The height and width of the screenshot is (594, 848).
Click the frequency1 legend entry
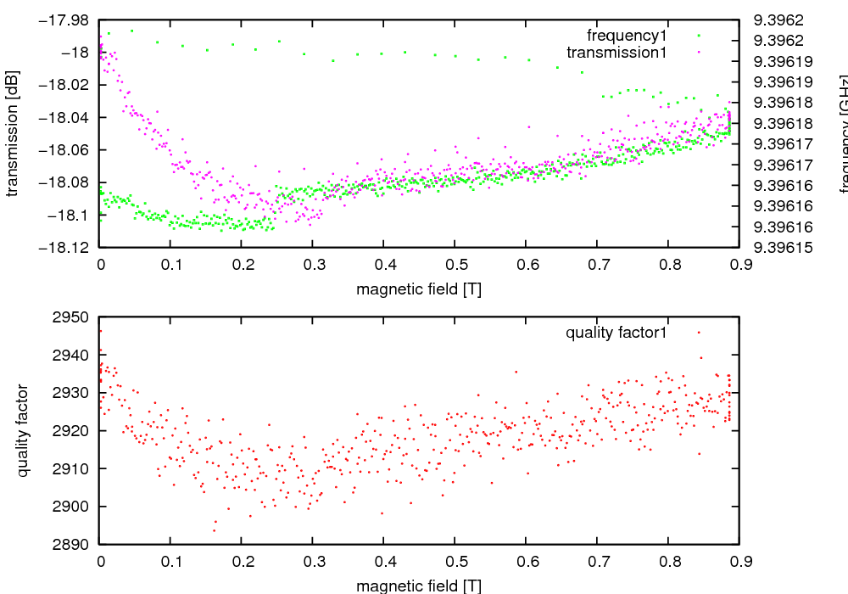click(x=627, y=36)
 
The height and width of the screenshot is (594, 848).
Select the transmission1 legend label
click(x=616, y=53)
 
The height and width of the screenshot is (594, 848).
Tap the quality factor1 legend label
click(x=616, y=333)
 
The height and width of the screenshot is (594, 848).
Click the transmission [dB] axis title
click(x=12, y=132)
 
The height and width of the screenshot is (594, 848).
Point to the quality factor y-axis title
click(x=23, y=430)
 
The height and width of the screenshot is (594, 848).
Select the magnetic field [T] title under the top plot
click(x=419, y=289)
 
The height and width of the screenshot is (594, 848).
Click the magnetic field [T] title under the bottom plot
click(x=419, y=586)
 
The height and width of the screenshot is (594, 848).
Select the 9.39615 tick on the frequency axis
click(x=784, y=248)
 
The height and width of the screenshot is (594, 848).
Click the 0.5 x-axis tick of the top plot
click(x=455, y=266)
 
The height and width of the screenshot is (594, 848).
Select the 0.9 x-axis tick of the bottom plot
click(x=739, y=562)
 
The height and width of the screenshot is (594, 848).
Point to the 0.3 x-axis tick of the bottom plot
click(x=313, y=562)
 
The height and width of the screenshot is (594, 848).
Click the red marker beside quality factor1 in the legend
click(x=699, y=333)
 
